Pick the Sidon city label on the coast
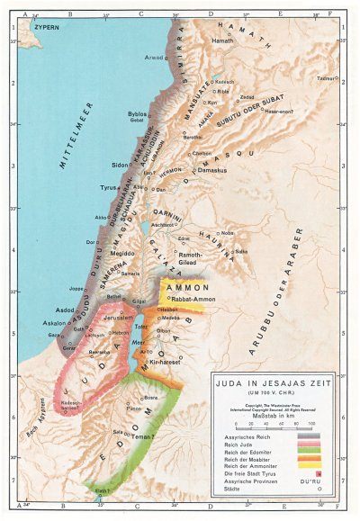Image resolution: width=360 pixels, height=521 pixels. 120,166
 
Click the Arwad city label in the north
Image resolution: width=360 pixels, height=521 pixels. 155,57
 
